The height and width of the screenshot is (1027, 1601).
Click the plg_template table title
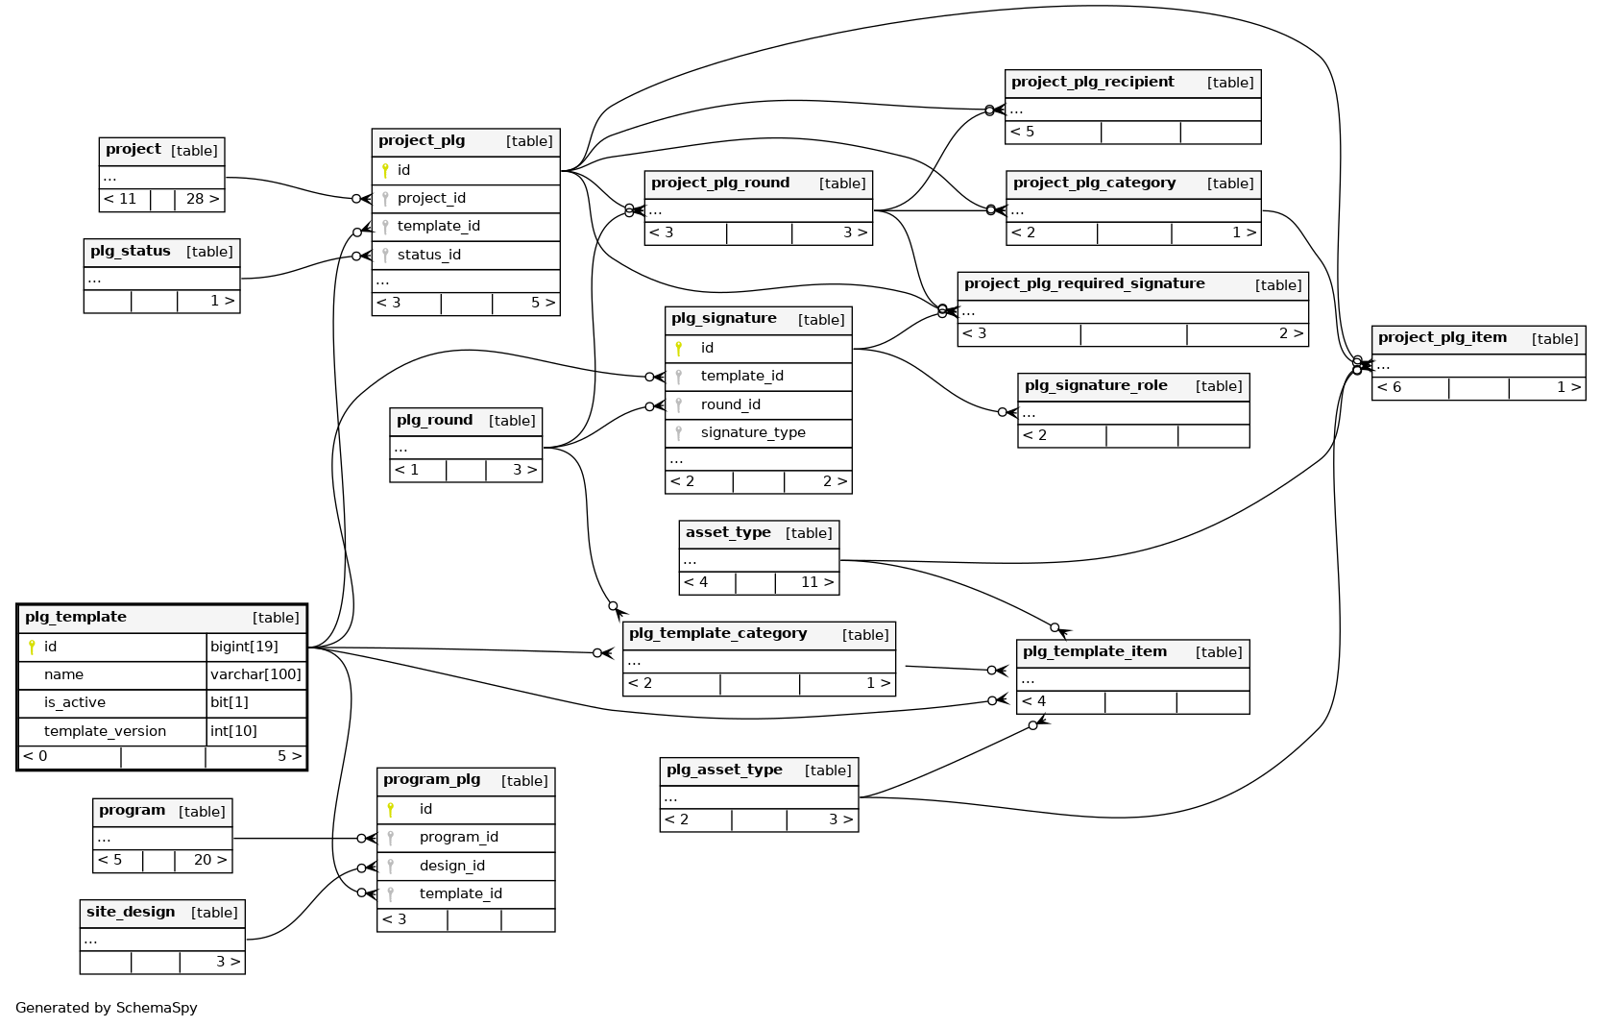coord(76,617)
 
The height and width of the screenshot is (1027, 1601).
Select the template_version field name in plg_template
coord(105,731)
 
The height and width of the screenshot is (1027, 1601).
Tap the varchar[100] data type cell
coord(255,674)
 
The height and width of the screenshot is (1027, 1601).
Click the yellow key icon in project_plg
coord(385,170)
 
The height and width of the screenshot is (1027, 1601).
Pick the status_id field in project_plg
coord(428,255)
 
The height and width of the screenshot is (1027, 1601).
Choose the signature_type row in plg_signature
coord(752,432)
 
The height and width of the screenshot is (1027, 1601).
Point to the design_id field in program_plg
coord(451,866)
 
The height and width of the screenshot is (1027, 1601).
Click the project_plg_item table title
coord(1442,337)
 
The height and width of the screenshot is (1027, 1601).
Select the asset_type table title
coord(728,532)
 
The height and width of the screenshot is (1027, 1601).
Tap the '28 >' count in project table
coord(202,199)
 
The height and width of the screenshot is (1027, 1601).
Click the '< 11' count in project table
coord(121,199)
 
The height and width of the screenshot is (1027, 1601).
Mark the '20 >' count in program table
coord(209,860)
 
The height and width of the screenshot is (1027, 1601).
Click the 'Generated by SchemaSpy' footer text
coord(107,1008)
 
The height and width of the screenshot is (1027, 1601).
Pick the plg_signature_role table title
coord(1096,385)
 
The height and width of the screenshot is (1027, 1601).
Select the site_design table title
coord(131,912)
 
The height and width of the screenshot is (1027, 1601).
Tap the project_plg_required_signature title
coord(1084,283)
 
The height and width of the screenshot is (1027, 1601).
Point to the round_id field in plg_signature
coord(730,404)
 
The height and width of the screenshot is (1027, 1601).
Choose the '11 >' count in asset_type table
coord(816,582)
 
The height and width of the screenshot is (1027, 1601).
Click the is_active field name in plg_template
coord(75,702)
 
